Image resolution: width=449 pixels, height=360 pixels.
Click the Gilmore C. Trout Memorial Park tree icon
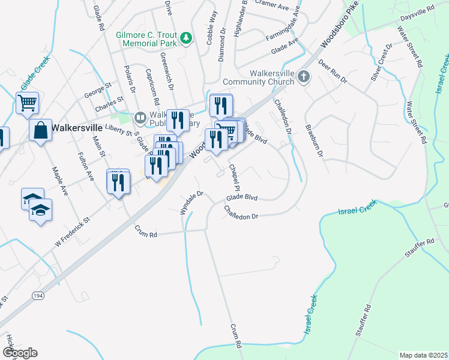tap(187, 38)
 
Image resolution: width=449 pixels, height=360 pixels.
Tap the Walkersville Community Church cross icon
tap(304, 76)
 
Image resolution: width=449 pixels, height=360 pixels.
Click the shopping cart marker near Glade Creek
tap(27, 103)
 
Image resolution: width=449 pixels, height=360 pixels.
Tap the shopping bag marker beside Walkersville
tap(40, 130)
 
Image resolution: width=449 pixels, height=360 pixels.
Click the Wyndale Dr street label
tap(192, 203)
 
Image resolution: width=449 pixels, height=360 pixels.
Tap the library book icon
tap(140, 117)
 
